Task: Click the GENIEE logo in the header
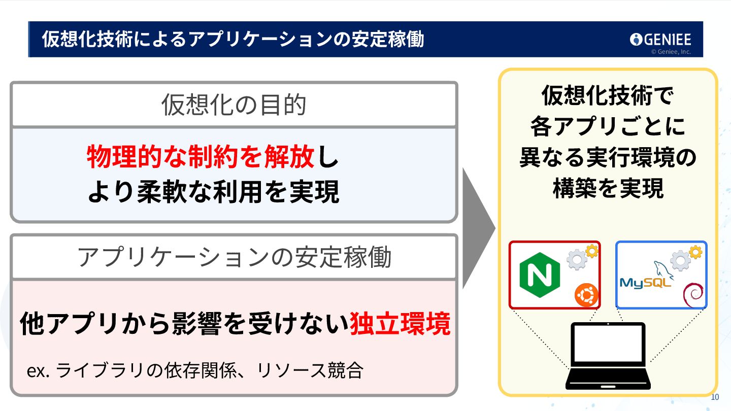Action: coord(660,39)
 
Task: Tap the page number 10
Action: coord(715,397)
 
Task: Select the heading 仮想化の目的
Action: coord(234,105)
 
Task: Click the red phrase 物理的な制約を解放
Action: coord(201,157)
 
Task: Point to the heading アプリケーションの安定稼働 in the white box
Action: coord(234,257)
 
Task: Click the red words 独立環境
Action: coord(400,324)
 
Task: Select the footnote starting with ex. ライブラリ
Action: coord(195,370)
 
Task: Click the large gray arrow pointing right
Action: coord(478,228)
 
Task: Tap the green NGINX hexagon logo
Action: coord(540,276)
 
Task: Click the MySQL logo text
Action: coord(644,283)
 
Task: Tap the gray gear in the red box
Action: coord(577,260)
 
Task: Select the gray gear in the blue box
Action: coord(680,260)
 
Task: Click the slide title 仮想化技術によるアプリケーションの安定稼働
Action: coord(233,39)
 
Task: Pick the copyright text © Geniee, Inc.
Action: coord(671,51)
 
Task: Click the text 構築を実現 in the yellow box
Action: coord(608,189)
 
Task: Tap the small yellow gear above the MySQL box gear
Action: coord(695,251)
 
